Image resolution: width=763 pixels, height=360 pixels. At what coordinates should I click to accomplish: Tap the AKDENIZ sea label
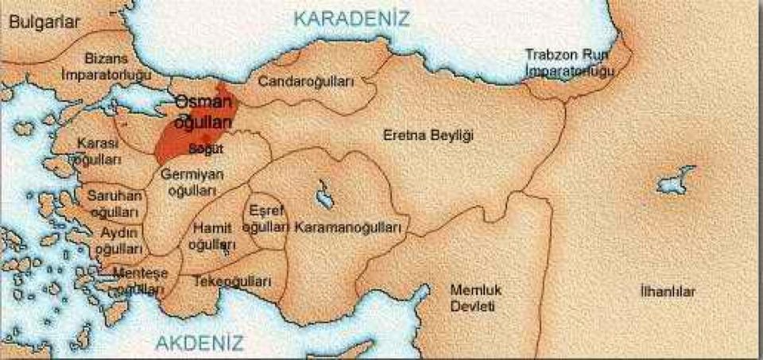(x=199, y=343)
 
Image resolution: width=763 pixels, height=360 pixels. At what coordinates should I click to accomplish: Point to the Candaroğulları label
(x=306, y=81)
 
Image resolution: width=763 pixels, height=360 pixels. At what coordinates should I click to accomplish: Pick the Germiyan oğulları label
(x=192, y=182)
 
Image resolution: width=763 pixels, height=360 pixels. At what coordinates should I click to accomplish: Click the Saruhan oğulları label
(x=114, y=203)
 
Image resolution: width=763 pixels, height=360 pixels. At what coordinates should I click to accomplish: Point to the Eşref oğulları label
(x=265, y=219)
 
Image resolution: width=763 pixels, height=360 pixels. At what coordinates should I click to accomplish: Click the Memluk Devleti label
(x=476, y=297)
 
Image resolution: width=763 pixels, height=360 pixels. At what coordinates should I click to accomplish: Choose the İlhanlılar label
(x=668, y=292)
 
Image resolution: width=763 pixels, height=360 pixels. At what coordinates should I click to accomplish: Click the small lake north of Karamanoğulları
(x=324, y=193)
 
